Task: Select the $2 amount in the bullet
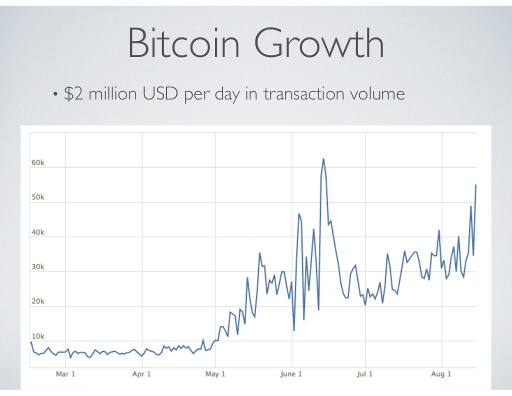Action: pyautogui.click(x=74, y=93)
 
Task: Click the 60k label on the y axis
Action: pyautogui.click(x=38, y=163)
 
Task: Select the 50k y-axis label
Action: pyautogui.click(x=38, y=197)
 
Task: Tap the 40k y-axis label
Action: pyautogui.click(x=38, y=232)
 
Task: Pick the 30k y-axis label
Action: pyautogui.click(x=38, y=267)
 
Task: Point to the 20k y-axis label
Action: pyautogui.click(x=38, y=301)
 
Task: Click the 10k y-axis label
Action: pyautogui.click(x=38, y=336)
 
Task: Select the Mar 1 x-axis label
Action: pyautogui.click(x=65, y=374)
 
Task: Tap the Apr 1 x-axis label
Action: pyautogui.click(x=142, y=374)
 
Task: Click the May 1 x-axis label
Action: pyautogui.click(x=215, y=374)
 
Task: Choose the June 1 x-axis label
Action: pyautogui.click(x=291, y=374)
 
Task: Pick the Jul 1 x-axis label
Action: pyautogui.click(x=364, y=374)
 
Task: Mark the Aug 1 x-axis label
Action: pyautogui.click(x=441, y=374)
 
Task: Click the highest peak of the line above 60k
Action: pyautogui.click(x=323, y=159)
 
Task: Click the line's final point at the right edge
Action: pyautogui.click(x=475, y=185)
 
